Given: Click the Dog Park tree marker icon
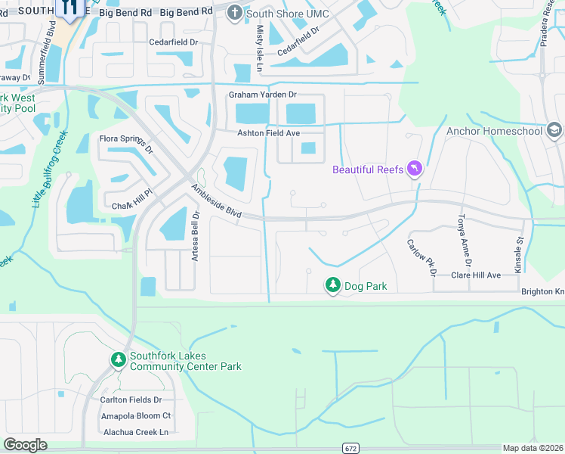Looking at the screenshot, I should click(332, 285).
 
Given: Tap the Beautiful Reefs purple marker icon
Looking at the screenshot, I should click(414, 168).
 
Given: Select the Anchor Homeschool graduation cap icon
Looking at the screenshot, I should click(554, 130).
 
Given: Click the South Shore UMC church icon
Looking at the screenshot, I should click(235, 13).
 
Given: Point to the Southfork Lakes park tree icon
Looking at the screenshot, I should click(118, 359).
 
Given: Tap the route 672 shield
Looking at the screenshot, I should click(349, 447).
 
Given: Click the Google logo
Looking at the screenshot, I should click(25, 445).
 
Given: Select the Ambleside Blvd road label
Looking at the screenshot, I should click(216, 202).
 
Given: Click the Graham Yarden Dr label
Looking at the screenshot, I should click(264, 95).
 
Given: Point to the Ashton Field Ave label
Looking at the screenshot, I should click(269, 132).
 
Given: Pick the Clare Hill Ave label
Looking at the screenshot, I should click(476, 275).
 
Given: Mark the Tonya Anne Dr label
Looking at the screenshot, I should click(464, 240).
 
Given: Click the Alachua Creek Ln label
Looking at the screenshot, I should click(134, 431).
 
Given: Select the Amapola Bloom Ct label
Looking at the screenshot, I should click(136, 415).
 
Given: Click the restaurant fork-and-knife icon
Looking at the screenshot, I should click(70, 8).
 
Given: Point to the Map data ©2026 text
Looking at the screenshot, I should click(533, 448).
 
